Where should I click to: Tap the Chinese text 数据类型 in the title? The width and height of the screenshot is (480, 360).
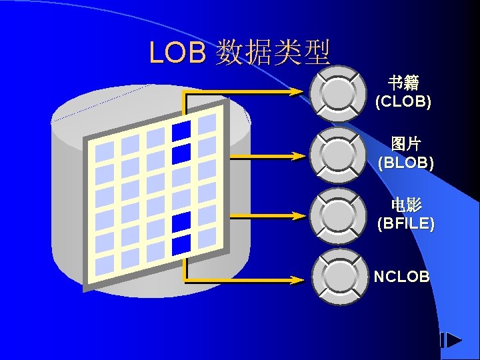(x=273, y=52)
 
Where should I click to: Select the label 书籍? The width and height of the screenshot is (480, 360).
(x=404, y=83)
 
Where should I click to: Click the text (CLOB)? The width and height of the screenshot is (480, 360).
(x=403, y=102)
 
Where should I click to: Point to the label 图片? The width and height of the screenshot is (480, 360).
(x=405, y=144)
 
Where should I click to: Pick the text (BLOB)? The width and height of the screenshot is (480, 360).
(x=405, y=163)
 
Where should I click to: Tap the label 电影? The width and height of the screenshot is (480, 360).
(x=405, y=205)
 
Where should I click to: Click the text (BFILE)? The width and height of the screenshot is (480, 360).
(x=405, y=223)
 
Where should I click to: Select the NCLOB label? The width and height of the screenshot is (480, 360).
(x=401, y=277)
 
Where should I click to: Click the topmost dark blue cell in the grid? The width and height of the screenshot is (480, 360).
(x=181, y=131)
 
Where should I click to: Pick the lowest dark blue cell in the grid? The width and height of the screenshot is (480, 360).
(x=181, y=245)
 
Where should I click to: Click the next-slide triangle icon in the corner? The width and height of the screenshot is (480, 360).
(x=453, y=341)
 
